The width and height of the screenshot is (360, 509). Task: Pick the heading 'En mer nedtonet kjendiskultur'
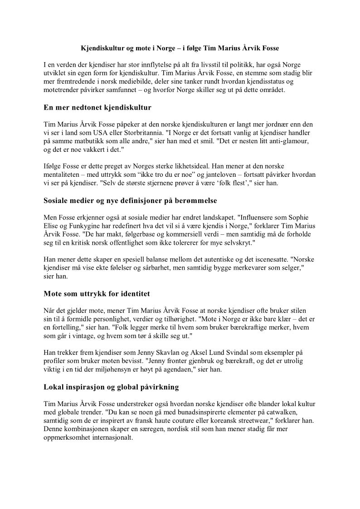[97, 107]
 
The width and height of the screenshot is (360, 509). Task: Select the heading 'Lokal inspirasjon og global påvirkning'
[111, 387]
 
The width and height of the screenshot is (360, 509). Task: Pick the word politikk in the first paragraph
[250, 65]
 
